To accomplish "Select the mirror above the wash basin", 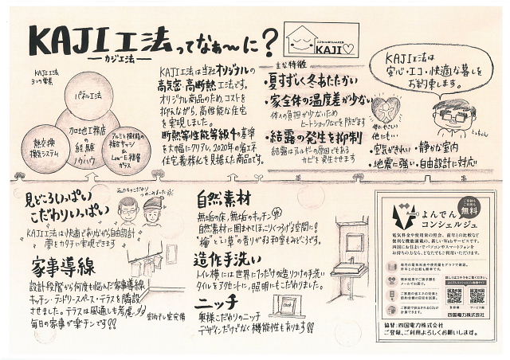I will tap(351, 229).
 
